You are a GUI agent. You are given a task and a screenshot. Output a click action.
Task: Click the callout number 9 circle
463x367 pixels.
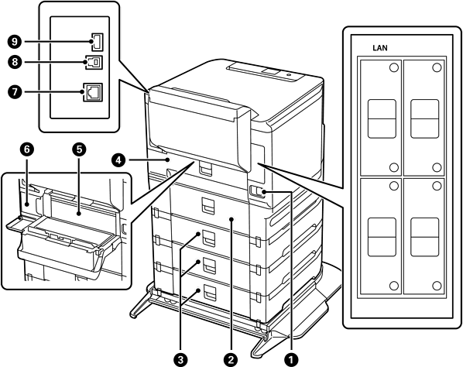15,42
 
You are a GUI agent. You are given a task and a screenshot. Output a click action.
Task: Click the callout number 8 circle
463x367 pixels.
15,62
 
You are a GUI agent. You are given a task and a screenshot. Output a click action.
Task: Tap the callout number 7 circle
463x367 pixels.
15,92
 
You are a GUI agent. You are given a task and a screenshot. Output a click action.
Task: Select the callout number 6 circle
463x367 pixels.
27,149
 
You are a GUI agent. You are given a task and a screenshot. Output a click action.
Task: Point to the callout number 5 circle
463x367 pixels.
79,149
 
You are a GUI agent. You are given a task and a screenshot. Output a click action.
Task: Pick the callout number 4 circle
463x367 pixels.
118,160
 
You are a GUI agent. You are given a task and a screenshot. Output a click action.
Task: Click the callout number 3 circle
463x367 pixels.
180,359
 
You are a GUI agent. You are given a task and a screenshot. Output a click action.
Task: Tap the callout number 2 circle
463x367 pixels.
231,359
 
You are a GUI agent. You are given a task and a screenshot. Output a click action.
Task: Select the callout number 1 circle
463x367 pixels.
291,359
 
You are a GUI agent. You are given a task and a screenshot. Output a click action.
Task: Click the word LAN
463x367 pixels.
380,48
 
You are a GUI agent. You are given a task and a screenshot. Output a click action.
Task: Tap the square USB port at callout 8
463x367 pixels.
94,62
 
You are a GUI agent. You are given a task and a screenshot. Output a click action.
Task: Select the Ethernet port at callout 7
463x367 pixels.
93,92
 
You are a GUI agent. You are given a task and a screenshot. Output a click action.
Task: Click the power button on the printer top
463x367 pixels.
289,75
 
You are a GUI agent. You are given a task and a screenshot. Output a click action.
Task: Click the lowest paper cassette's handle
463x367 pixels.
209,293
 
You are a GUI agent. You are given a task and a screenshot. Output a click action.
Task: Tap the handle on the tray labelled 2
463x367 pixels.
209,205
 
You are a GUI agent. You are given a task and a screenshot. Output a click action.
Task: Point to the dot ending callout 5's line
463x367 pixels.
78,213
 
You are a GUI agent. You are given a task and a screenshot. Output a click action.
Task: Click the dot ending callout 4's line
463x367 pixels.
168,160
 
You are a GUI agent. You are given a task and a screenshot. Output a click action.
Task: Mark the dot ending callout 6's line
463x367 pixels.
27,204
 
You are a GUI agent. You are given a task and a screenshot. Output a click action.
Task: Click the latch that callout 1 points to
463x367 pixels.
256,190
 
